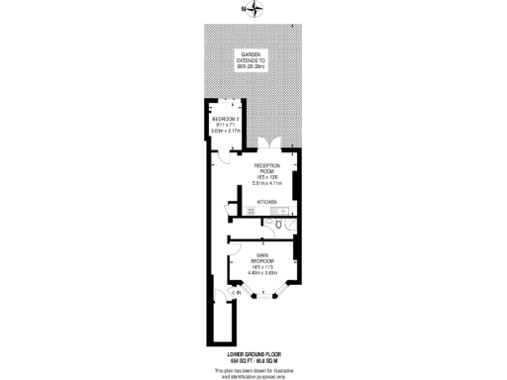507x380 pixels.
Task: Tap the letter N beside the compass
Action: [x=244, y=10]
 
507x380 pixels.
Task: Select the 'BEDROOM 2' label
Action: [x=225, y=120]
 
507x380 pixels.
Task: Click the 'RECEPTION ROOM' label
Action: [x=267, y=168]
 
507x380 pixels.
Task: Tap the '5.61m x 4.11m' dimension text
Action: [x=267, y=184]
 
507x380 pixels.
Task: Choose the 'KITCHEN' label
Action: [x=267, y=202]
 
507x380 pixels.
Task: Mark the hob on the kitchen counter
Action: [x=281, y=211]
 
